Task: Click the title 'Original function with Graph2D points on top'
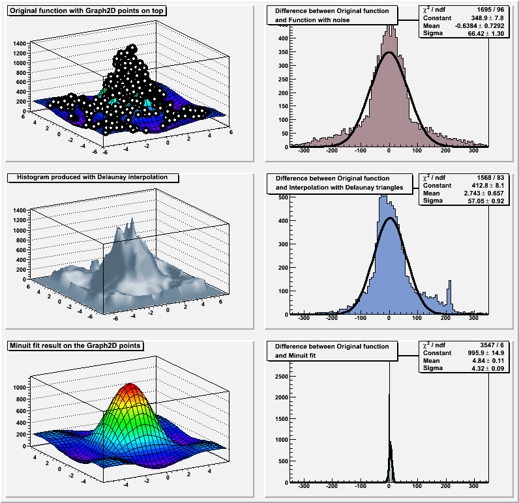click(x=87, y=11)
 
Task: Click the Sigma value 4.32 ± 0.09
click(x=486, y=368)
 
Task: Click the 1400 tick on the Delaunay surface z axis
click(x=19, y=211)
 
